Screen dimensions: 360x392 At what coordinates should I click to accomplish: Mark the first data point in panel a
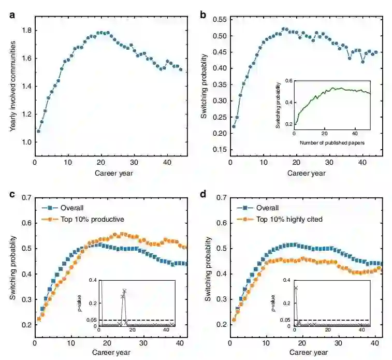[38, 132]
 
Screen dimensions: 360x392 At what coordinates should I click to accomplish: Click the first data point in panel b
[234, 126]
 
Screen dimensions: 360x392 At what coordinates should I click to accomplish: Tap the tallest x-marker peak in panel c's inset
[124, 291]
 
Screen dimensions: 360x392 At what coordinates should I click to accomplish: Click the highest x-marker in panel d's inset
[296, 287]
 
